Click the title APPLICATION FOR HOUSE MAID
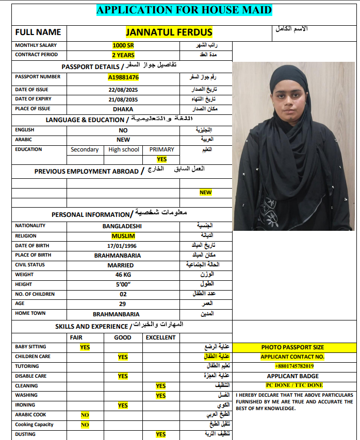184,10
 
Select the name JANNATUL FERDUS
169,32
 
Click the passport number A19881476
123,77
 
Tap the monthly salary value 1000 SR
123,45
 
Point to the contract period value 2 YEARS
123,55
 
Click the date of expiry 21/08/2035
123,99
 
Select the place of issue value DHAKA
123,109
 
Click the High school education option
124,149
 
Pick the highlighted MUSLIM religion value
123,235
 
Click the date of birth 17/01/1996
123,246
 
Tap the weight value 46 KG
123,275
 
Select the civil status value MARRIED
123,265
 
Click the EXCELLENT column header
160,337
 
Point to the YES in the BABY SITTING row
85,347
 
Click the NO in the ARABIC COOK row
85,415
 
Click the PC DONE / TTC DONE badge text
294,385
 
